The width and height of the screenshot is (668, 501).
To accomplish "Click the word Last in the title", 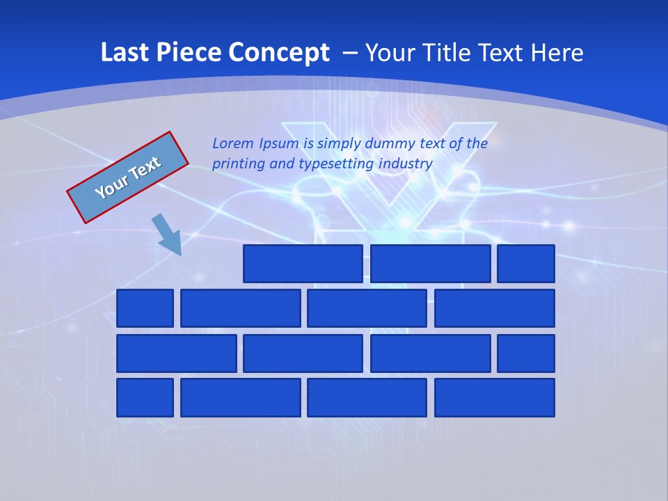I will pyautogui.click(x=125, y=52).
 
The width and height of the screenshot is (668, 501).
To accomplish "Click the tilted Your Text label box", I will pyautogui.click(x=128, y=177).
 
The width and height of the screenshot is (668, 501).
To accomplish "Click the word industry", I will pyautogui.click(x=406, y=164).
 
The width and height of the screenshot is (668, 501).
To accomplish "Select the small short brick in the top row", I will pyautogui.click(x=526, y=264).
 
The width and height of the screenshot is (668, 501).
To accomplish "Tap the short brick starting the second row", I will pyautogui.click(x=145, y=308).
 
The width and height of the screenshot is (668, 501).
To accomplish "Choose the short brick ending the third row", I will pyautogui.click(x=526, y=353).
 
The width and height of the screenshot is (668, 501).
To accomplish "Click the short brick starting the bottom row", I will pyautogui.click(x=145, y=398).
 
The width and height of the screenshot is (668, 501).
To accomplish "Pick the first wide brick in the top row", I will pyautogui.click(x=303, y=264).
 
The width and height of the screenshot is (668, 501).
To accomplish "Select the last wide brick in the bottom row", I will pyautogui.click(x=495, y=398).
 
